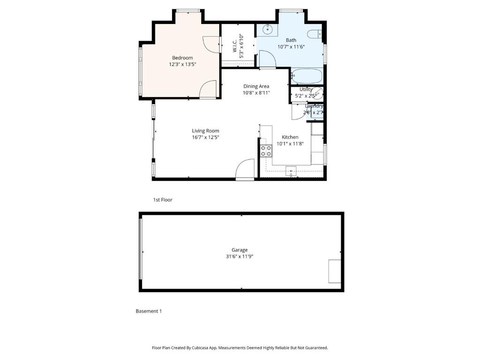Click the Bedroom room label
pyautogui.click(x=182, y=58)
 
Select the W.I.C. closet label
pyautogui.click(x=235, y=46)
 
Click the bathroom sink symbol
pyautogui.click(x=267, y=30)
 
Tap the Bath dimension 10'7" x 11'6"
pyautogui.click(x=291, y=47)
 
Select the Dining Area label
pyautogui.click(x=256, y=86)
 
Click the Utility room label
pyautogui.click(x=306, y=89)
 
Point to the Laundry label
pyautogui.click(x=314, y=106)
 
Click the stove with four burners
pyautogui.click(x=266, y=150)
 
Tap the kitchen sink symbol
pyautogui.click(x=291, y=172)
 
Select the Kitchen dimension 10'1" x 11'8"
pyautogui.click(x=290, y=144)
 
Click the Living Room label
pyautogui.click(x=205, y=131)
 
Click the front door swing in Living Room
pyautogui.click(x=245, y=169)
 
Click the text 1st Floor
pyautogui.click(x=163, y=200)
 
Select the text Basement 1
pyautogui.click(x=149, y=311)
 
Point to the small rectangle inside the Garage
pyautogui.click(x=335, y=270)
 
